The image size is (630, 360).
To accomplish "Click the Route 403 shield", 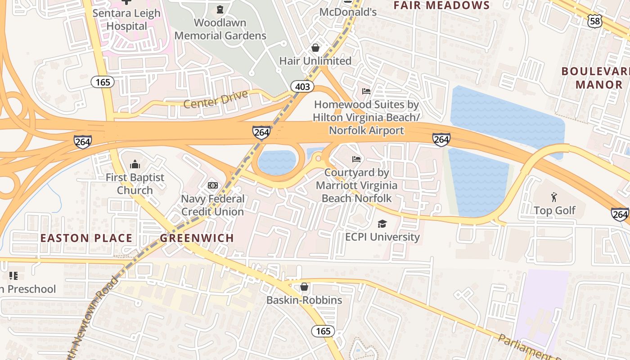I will (x=302, y=86).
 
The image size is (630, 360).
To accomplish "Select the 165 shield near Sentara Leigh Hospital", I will (x=103, y=82).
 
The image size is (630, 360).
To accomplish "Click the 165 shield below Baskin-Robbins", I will (x=323, y=331).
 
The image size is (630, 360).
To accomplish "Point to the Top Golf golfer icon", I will (x=554, y=197).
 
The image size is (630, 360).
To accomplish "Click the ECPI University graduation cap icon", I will (x=382, y=224).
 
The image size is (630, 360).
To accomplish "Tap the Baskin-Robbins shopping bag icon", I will (x=304, y=287).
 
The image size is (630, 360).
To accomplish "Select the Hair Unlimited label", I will (x=315, y=61).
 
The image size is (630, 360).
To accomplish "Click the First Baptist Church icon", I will (x=135, y=164).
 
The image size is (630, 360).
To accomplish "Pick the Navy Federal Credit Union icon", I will (x=213, y=185).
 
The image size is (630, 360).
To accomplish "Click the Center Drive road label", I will (x=216, y=99).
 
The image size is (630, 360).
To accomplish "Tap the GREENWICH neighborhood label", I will (x=197, y=238).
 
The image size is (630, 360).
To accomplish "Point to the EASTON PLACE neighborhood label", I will (x=86, y=238).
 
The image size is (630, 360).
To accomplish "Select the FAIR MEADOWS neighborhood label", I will (x=441, y=5).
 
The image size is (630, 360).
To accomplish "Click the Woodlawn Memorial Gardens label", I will (x=220, y=29).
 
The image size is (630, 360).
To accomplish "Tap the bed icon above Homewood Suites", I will (x=366, y=91).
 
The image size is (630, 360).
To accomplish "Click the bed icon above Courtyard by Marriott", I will (x=356, y=159).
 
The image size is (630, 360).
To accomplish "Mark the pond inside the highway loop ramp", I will (x=276, y=162).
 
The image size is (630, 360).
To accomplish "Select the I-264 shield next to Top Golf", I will (x=620, y=214).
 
